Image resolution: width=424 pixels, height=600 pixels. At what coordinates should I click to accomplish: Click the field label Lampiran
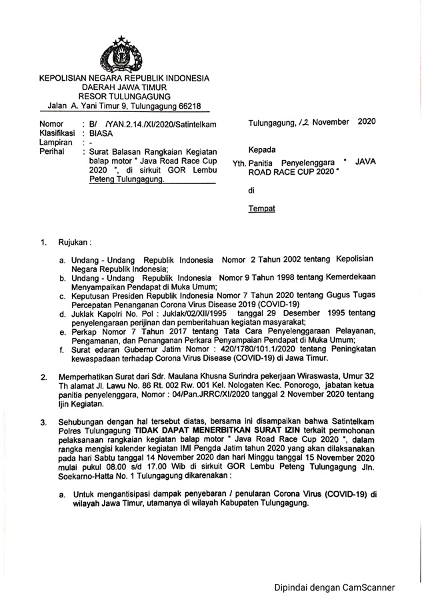click(57, 142)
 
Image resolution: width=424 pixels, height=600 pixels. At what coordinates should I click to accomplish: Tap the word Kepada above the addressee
click(262, 148)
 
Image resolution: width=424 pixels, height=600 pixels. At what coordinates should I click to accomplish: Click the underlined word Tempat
click(261, 208)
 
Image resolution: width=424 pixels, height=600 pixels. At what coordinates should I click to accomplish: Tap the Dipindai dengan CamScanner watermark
click(335, 587)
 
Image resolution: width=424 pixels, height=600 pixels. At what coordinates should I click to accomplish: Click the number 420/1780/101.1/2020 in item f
click(257, 347)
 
